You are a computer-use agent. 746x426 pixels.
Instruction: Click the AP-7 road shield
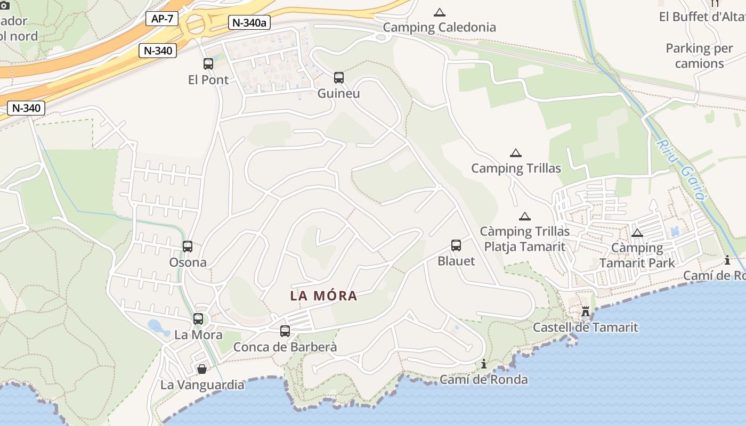(161, 19)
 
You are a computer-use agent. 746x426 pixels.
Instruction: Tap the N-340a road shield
(249, 22)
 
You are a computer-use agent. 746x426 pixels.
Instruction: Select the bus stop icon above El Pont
(208, 64)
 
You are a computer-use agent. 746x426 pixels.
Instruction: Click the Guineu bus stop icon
(339, 78)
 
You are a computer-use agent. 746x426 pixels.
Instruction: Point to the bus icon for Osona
(188, 247)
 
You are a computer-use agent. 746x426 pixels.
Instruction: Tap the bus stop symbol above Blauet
(456, 245)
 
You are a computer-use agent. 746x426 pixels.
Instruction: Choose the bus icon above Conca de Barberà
(285, 331)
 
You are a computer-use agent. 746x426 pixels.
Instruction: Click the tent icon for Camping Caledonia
(440, 12)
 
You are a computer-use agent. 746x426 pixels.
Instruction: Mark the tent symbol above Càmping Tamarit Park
(637, 233)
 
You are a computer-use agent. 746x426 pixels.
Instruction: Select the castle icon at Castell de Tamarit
(586, 312)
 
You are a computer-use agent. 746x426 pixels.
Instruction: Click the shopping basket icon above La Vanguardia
(202, 369)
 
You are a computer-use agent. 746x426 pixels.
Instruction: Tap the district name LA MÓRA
(323, 296)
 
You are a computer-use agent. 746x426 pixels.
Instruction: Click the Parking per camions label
(699, 56)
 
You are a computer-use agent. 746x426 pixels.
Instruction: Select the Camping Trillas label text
(516, 169)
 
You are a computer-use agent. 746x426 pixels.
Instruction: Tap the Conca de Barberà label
(285, 347)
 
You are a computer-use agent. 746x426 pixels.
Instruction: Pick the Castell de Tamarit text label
(585, 327)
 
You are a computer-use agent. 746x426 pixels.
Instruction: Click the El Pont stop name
(208, 80)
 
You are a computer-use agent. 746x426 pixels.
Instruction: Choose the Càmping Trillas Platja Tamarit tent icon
(525, 217)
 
